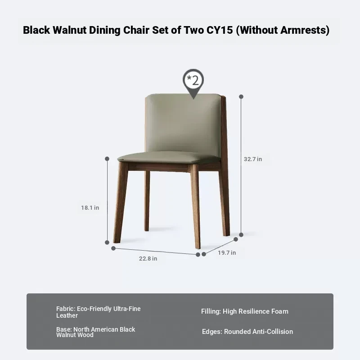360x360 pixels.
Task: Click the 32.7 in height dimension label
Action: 253,159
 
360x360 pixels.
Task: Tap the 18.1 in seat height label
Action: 90,208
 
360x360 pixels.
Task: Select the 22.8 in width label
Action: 148,258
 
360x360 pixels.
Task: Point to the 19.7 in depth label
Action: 227,252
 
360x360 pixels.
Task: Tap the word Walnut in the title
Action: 70,30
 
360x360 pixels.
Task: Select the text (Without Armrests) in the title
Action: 283,30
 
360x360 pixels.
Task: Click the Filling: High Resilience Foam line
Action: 245,311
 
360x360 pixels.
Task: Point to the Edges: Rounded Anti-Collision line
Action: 247,332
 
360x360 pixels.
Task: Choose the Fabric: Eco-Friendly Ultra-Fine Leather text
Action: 98,312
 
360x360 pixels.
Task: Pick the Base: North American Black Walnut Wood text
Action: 95,332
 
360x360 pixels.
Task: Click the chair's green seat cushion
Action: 169,157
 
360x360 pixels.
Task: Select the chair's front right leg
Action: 196,206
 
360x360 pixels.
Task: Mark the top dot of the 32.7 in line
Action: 241,97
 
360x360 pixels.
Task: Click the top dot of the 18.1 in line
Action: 107,159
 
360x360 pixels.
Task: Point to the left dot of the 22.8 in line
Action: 113,248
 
